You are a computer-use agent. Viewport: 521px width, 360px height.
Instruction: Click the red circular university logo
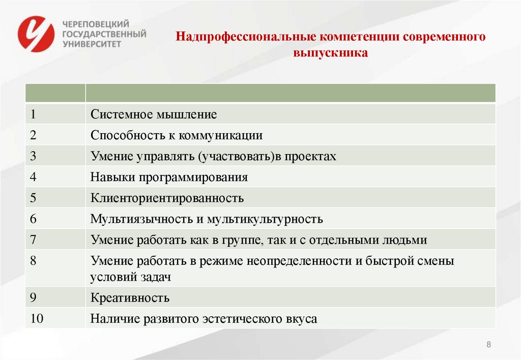click(x=36, y=34)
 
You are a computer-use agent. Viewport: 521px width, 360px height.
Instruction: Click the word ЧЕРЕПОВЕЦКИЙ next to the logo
click(x=95, y=24)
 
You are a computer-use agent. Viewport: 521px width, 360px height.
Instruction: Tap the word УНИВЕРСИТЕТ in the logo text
click(x=92, y=44)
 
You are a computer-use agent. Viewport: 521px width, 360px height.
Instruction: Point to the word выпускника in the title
click(x=330, y=52)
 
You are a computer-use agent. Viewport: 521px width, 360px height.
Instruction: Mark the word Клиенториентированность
click(x=167, y=198)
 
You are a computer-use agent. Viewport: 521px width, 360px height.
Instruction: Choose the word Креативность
click(x=130, y=297)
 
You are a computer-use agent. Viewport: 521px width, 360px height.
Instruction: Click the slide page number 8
click(x=489, y=345)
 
